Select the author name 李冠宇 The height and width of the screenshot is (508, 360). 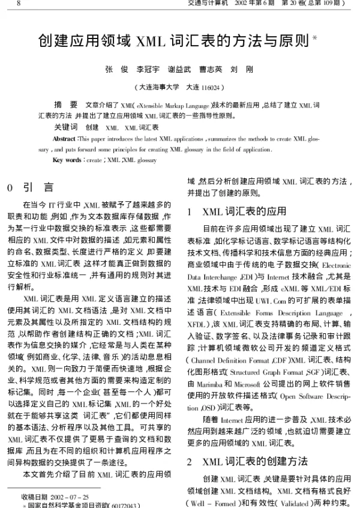pyautogui.click(x=148, y=69)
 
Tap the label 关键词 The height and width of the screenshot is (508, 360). pyautogui.click(x=65, y=127)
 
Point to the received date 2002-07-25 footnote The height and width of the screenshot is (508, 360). pyautogui.click(x=55, y=497)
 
